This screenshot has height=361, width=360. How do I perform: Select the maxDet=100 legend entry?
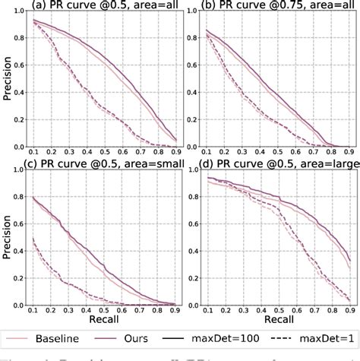click(x=248, y=336)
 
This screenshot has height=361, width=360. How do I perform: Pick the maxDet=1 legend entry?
click(x=329, y=336)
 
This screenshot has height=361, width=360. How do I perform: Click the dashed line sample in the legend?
click(x=294, y=336)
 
